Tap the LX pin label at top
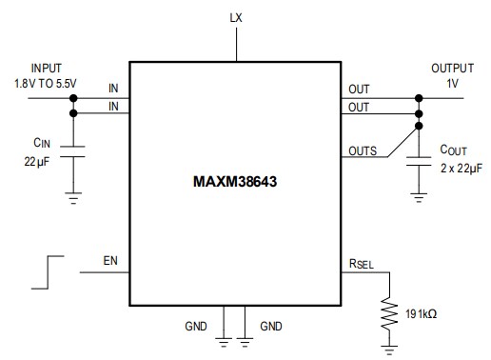(235, 18)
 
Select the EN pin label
(112, 259)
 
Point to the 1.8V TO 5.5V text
(47, 83)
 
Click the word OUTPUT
(452, 69)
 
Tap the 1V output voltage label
(452, 83)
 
